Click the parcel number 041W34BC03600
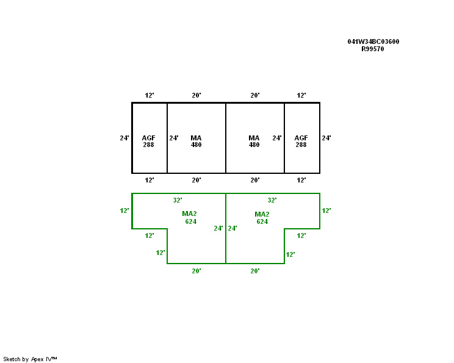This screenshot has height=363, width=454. [x=373, y=41]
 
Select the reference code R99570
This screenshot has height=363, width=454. [x=373, y=49]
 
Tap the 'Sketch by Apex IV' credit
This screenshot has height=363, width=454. [x=30, y=359]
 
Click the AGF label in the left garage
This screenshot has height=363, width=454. [x=149, y=138]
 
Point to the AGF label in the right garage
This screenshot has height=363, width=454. [x=301, y=138]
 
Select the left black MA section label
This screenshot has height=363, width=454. [x=196, y=138]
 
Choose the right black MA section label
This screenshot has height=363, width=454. [x=254, y=138]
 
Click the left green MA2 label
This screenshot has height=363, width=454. [x=189, y=214]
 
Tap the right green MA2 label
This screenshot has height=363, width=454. [x=262, y=214]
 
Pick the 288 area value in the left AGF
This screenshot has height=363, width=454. [x=149, y=145]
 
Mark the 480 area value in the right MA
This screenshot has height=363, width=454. [x=254, y=145]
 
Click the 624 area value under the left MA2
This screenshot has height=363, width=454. [x=191, y=221]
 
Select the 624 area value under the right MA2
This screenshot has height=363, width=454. [x=262, y=221]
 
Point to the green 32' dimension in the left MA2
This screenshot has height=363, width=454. [x=178, y=200]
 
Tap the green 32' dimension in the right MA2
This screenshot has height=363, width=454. [x=272, y=200]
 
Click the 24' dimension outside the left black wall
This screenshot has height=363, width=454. [x=124, y=138]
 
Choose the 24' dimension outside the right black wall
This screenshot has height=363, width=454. [x=326, y=138]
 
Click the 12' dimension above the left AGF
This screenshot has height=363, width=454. [x=150, y=96]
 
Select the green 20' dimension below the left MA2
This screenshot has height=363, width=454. [x=196, y=271]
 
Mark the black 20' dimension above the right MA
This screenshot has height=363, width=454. [x=255, y=96]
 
